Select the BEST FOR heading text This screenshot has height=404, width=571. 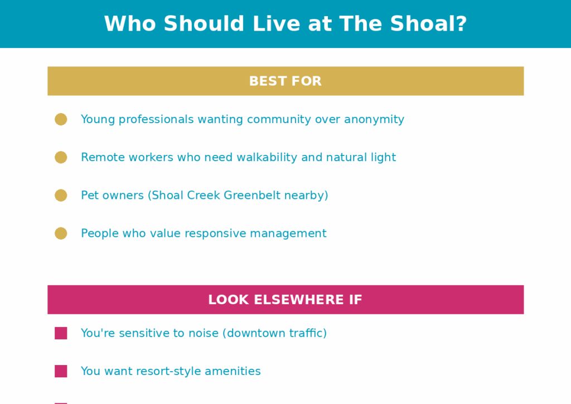[285, 81]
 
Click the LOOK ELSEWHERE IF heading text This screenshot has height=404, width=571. [285, 300]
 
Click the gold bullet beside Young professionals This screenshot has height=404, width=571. [61, 119]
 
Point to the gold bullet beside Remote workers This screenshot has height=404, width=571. [61, 157]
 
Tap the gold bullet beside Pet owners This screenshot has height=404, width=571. [61, 196]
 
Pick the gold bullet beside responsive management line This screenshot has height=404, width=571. [61, 233]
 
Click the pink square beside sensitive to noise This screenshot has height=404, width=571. [61, 333]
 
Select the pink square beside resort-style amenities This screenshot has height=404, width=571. [61, 371]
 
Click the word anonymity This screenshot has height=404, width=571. [374, 120]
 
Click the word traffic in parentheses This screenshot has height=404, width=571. [307, 333]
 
